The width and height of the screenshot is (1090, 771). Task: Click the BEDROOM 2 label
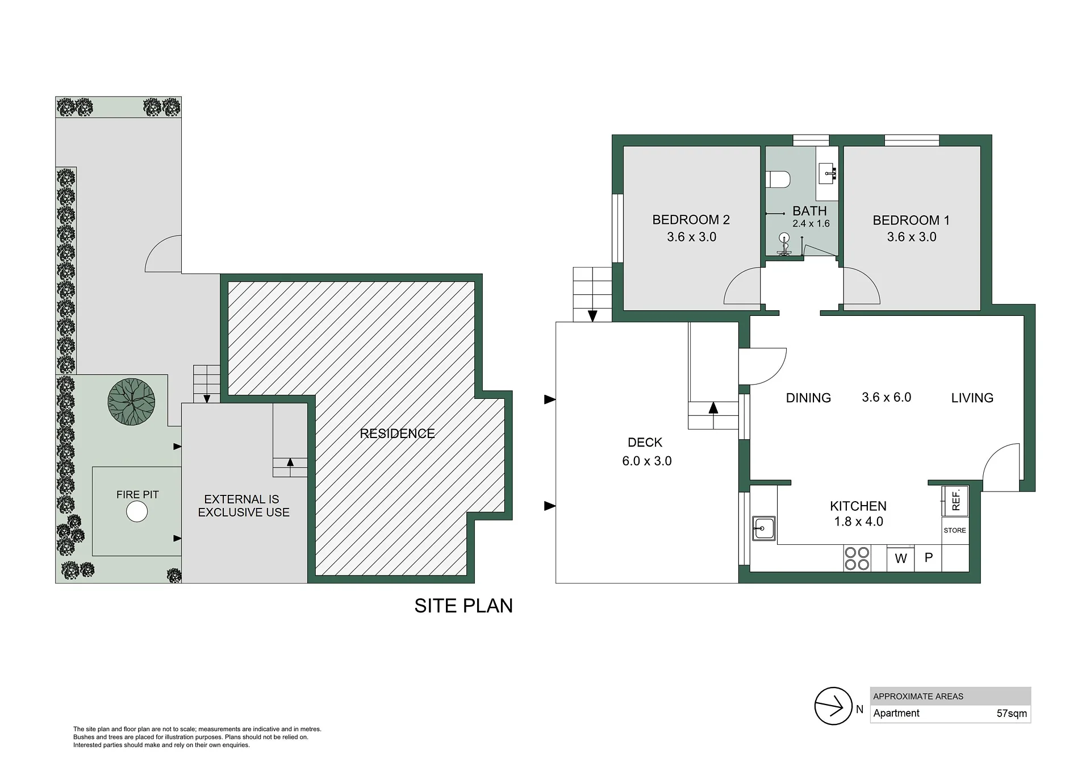pos(691,220)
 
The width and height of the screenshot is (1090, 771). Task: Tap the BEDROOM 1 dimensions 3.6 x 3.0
pos(912,237)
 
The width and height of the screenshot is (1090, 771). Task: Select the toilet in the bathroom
pos(778,180)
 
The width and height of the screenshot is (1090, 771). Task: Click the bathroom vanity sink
pos(827,172)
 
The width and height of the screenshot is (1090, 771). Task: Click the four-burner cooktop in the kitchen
pos(857,558)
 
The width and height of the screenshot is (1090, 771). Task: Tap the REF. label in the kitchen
pos(956,500)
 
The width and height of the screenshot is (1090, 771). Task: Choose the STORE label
pos(955,530)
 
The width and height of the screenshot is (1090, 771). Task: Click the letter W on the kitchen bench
pos(901,559)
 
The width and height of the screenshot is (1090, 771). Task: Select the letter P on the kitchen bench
pos(929,557)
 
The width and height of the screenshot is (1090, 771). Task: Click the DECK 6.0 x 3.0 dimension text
pos(647,461)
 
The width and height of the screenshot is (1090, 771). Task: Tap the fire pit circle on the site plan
pos(136,512)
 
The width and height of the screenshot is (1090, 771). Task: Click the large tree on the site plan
pos(131,402)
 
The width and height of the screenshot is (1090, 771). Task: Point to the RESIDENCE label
pos(397,434)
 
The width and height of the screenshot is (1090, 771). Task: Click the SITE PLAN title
pos(463,606)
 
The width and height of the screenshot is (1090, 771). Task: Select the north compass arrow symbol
pos(833,706)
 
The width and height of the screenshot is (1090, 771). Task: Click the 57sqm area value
pos(1012,714)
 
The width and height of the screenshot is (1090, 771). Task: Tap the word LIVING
pos(972,398)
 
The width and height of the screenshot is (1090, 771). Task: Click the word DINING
pos(808,398)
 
